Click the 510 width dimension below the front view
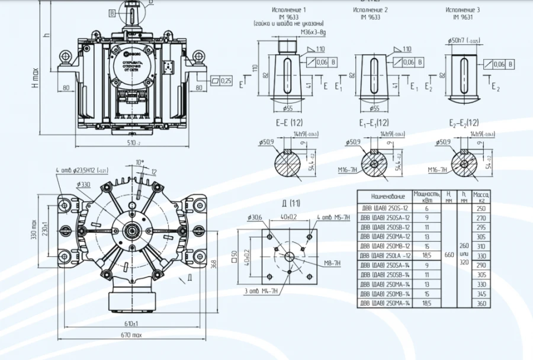133,143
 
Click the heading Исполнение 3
463,10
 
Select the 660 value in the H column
448,255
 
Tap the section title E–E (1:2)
289,123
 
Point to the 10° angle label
140,162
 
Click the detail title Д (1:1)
291,203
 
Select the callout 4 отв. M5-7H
333,218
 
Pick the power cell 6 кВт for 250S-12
426,208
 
